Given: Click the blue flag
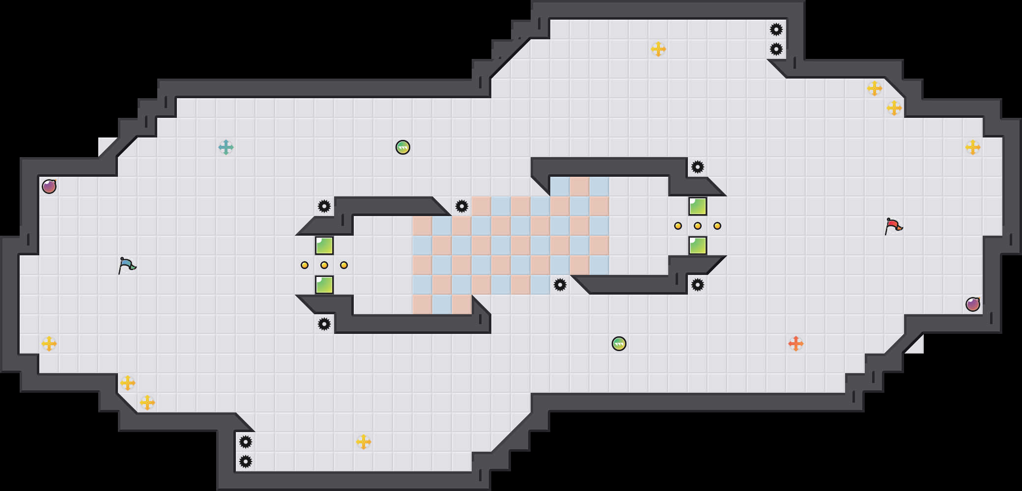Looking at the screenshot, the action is [127, 265].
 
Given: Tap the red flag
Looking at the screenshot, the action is [893, 226].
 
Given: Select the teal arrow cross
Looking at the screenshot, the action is [226, 147].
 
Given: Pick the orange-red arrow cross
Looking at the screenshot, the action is [796, 344].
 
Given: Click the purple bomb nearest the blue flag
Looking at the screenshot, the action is [49, 187].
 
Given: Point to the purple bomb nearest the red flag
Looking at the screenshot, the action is [973, 304].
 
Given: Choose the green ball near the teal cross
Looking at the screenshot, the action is [403, 147].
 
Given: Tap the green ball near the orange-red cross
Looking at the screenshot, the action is [619, 344].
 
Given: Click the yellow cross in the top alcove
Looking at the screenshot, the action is [658, 49].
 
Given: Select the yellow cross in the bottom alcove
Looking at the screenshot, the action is [364, 442].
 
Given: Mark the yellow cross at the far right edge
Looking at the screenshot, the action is [973, 147].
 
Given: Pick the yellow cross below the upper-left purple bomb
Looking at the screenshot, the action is [49, 344].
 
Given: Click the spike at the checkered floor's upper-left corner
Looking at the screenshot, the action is [462, 206].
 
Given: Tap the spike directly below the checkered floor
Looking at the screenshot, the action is [560, 285].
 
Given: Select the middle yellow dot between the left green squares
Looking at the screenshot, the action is [324, 265].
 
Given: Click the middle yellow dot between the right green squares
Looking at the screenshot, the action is [698, 226].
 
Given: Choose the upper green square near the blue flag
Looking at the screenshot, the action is [324, 245].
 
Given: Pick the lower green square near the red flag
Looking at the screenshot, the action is [698, 245].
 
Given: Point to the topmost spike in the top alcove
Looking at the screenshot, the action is [776, 29].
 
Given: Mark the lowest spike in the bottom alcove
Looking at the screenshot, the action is [246, 462].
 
